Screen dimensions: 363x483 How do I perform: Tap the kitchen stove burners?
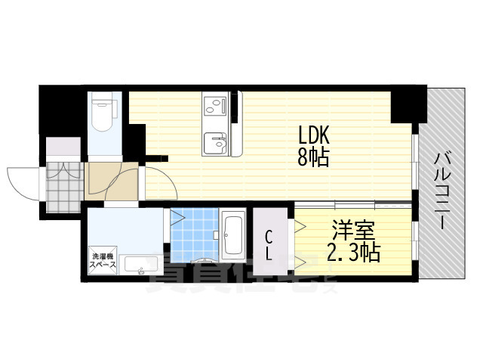tap(212, 104)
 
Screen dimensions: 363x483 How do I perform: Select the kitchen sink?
tap(215, 141)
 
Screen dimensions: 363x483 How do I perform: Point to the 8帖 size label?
tap(314, 159)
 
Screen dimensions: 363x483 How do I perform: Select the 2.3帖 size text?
tap(352, 252)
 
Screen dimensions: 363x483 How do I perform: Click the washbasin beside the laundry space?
tap(140, 265)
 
